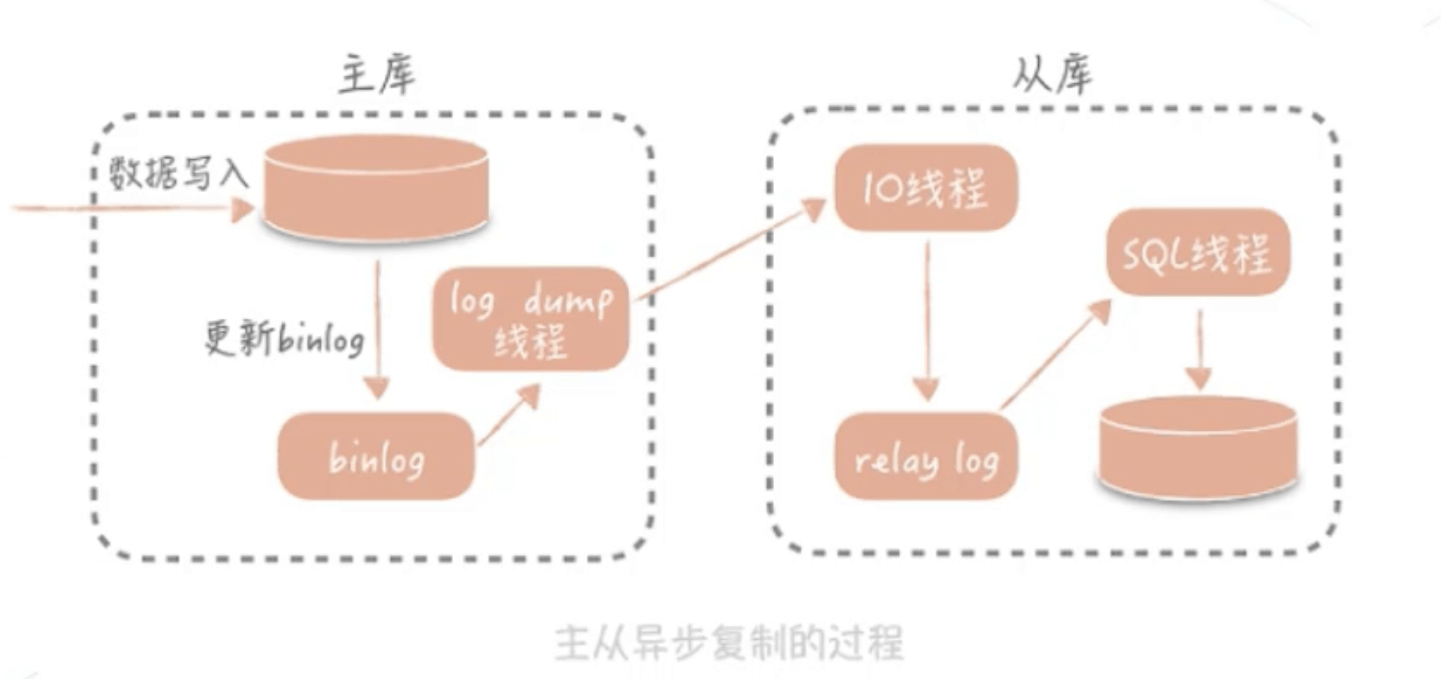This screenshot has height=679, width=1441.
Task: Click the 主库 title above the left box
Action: coord(377,76)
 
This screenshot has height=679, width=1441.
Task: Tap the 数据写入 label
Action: coord(178,174)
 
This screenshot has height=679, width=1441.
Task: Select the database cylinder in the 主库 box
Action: coord(377,188)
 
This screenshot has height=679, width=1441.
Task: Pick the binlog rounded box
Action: coord(376,456)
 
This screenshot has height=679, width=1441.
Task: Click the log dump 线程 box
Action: coord(531,319)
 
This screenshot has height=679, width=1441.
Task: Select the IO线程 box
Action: coord(926,188)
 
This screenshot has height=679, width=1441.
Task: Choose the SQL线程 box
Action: coord(1197,252)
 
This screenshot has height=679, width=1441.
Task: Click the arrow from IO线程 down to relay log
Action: coord(927,322)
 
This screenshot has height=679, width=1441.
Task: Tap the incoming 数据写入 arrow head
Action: coord(242,209)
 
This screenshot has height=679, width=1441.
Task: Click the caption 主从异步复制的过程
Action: coord(729,643)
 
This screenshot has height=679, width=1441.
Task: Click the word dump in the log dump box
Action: coord(568,301)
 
